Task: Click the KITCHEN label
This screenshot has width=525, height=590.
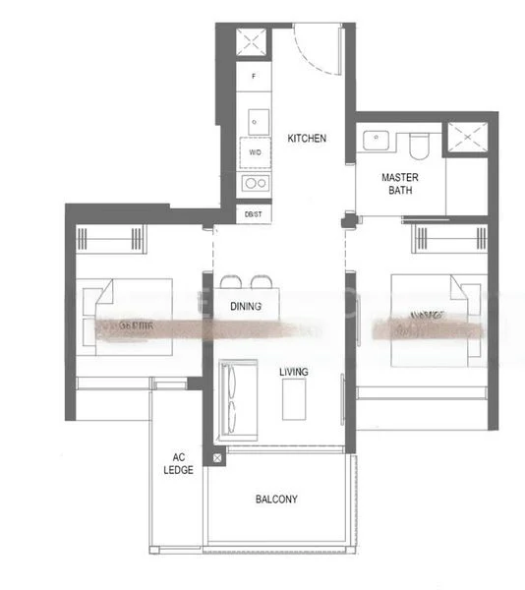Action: coord(307,139)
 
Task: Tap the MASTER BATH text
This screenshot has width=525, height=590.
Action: coord(401,184)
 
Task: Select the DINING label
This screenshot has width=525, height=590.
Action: coord(246,307)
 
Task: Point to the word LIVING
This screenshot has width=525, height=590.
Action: coord(293,372)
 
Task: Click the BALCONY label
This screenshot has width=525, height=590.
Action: coord(276,500)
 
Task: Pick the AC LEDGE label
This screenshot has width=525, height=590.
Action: coord(178,464)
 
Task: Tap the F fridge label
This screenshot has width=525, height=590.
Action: coord(255,76)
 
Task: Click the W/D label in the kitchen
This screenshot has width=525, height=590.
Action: coord(255,153)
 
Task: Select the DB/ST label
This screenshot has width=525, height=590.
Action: coord(255,212)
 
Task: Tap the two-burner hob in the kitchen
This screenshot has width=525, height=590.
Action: coord(255,183)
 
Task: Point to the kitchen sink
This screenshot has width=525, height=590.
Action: coord(255,120)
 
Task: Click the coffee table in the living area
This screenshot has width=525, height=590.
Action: coord(293,398)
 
